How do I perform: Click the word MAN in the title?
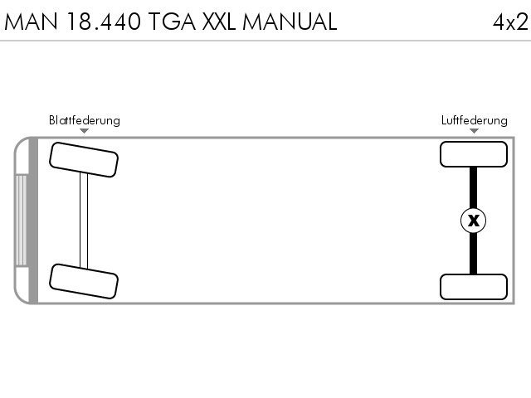(x=31, y=22)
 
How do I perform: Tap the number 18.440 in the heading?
(x=104, y=22)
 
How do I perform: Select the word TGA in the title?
(x=172, y=22)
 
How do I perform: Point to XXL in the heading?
(x=219, y=22)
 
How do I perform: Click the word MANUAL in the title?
(x=290, y=22)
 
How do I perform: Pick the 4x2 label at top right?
(x=510, y=22)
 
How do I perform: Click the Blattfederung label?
(x=85, y=120)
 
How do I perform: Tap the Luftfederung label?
(x=474, y=120)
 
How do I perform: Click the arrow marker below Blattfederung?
(x=85, y=131)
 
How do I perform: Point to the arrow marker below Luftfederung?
(x=474, y=131)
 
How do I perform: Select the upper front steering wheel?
(x=84, y=160)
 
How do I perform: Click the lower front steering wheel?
(x=84, y=281)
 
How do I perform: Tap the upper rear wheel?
(x=474, y=154)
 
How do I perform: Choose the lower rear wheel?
(x=474, y=287)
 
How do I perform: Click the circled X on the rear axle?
(x=474, y=221)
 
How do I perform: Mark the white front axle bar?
(x=84, y=221)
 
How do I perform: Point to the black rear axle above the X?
(x=474, y=187)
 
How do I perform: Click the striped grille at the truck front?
(x=21, y=220)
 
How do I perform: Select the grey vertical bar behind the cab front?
(x=33, y=221)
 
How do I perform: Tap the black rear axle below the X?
(x=474, y=254)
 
